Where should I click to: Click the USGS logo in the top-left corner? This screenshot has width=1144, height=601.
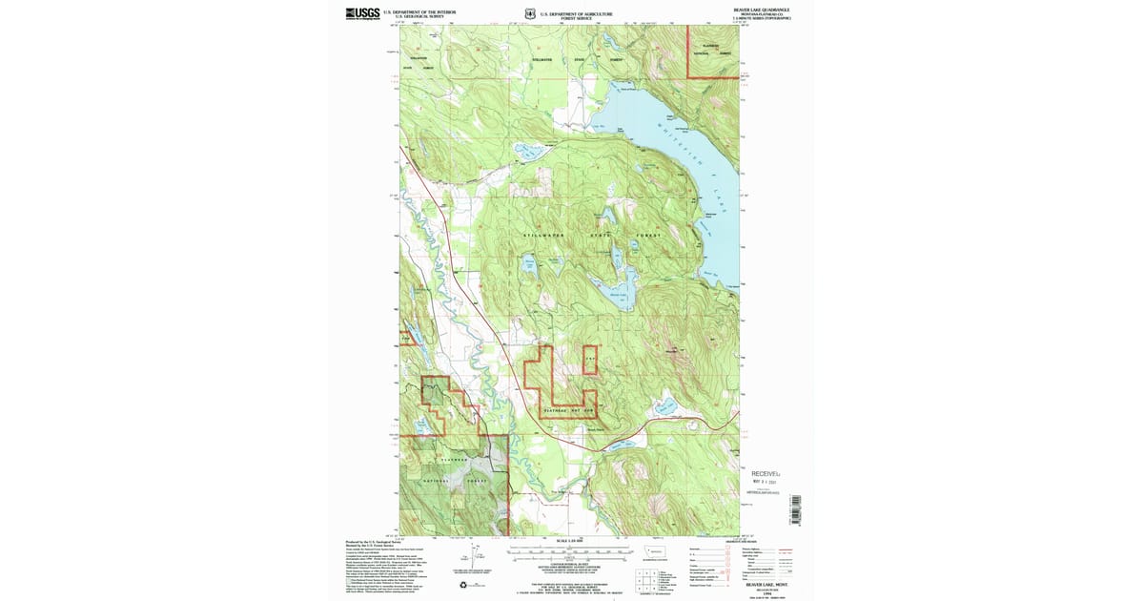pos(362,13)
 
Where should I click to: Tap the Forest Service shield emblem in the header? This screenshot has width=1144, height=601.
pos(530,13)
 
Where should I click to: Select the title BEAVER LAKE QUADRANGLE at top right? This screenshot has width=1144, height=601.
pos(761,10)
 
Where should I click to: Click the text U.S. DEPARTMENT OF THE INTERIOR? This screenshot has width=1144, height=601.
pos(419,11)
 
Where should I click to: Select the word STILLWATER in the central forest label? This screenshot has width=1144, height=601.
pos(543,235)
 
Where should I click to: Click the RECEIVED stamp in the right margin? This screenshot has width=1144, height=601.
pos(766,473)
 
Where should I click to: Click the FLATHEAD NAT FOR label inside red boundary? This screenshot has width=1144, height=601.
pos(568,410)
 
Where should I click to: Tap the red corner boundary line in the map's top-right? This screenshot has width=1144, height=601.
pos(689,57)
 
